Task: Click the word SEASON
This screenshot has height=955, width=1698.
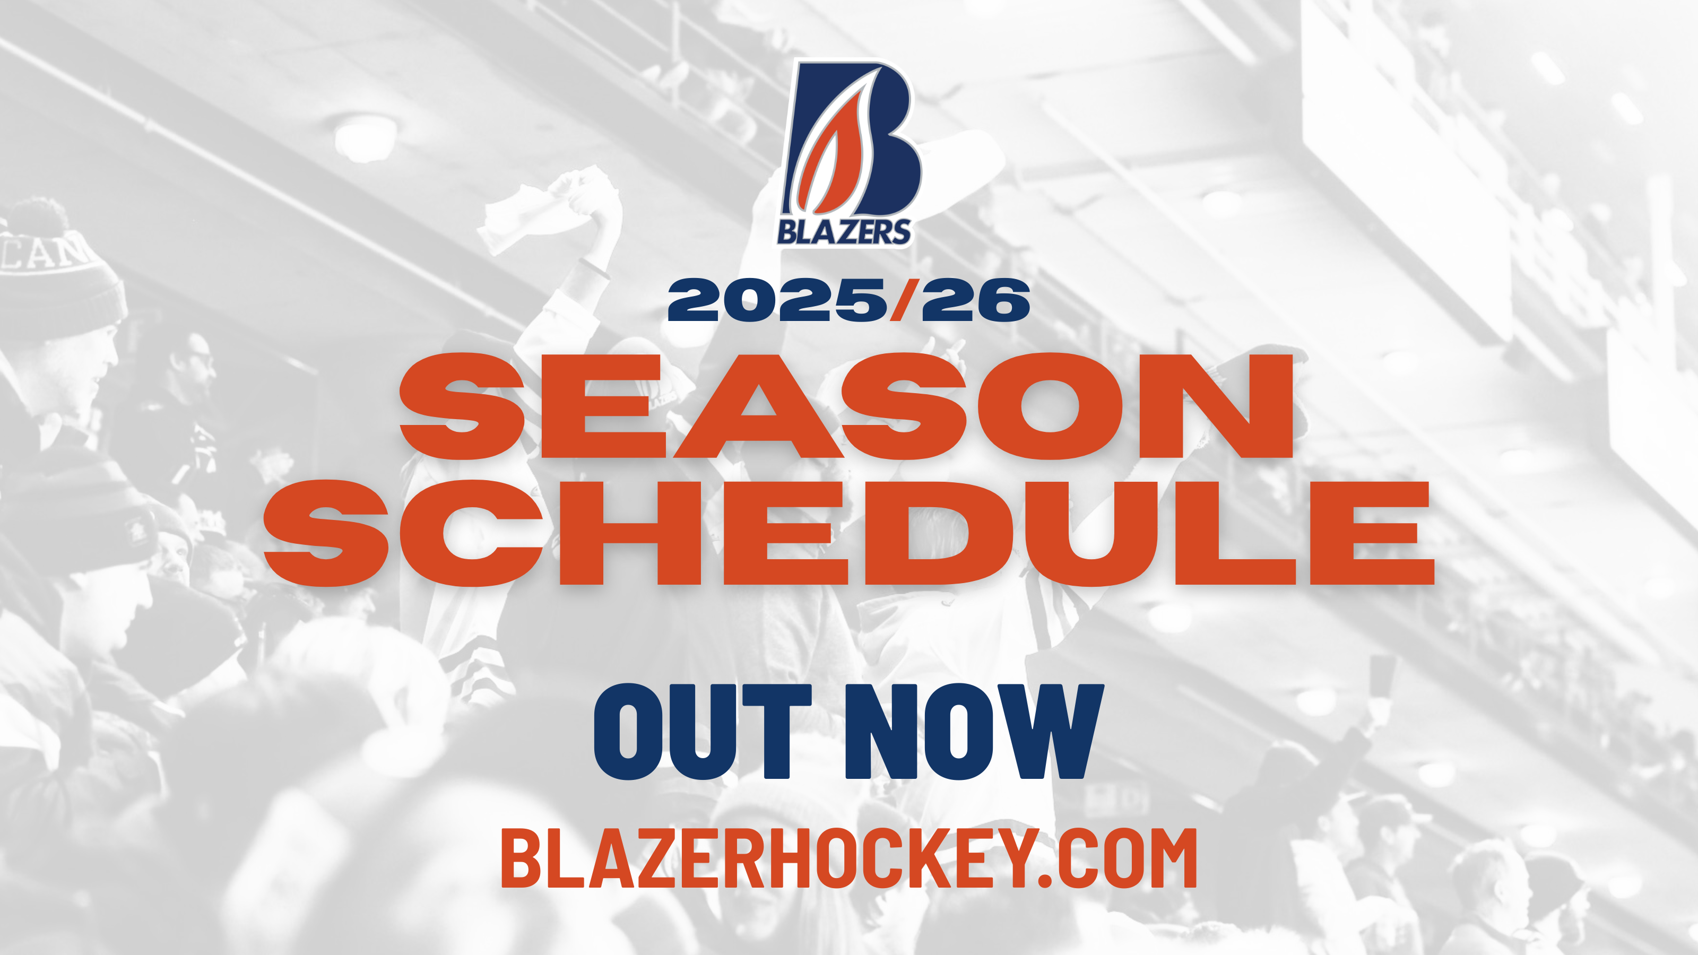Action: tap(847, 406)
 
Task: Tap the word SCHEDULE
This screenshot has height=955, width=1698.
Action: tap(849, 533)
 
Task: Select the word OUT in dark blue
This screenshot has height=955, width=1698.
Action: tap(703, 732)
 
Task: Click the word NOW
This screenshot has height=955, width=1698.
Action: tap(974, 732)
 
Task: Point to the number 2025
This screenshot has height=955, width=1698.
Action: tap(778, 300)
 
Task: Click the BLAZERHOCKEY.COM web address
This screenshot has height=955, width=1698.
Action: tap(849, 857)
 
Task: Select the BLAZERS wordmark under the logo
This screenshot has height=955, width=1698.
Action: tap(844, 231)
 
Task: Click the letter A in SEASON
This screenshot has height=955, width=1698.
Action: tap(758, 406)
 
